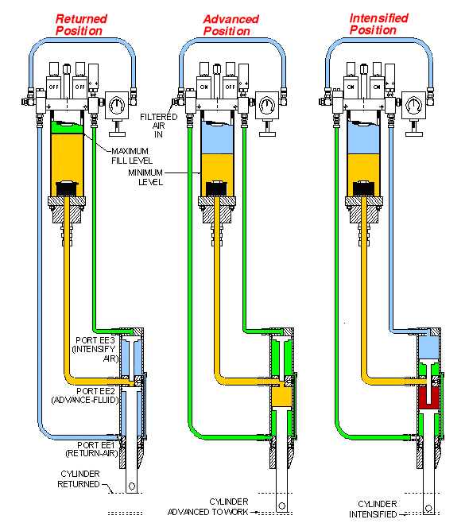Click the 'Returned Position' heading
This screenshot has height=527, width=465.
tap(81, 25)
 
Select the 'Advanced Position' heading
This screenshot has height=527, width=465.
tap(231, 25)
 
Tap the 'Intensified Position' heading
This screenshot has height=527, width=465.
tap(378, 24)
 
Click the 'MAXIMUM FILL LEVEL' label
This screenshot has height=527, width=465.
tap(132, 156)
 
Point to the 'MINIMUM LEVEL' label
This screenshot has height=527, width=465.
tap(145, 177)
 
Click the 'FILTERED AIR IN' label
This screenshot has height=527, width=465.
tap(159, 126)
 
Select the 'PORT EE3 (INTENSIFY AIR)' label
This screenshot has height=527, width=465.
tap(95, 349)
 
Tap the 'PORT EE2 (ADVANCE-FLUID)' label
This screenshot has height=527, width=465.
tap(85, 396)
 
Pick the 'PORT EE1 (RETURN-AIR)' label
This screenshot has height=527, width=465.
tap(91, 449)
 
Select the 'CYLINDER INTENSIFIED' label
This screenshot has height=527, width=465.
tap(374, 509)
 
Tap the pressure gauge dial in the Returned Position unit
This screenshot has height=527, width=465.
tap(117, 105)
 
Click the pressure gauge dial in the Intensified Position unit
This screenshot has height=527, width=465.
tap(413, 105)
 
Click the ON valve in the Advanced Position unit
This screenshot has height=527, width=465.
tap(203, 87)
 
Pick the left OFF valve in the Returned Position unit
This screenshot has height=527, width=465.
tap(53, 87)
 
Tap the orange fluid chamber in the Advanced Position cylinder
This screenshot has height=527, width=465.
tap(281, 397)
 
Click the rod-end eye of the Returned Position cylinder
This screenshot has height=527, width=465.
tap(132, 486)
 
